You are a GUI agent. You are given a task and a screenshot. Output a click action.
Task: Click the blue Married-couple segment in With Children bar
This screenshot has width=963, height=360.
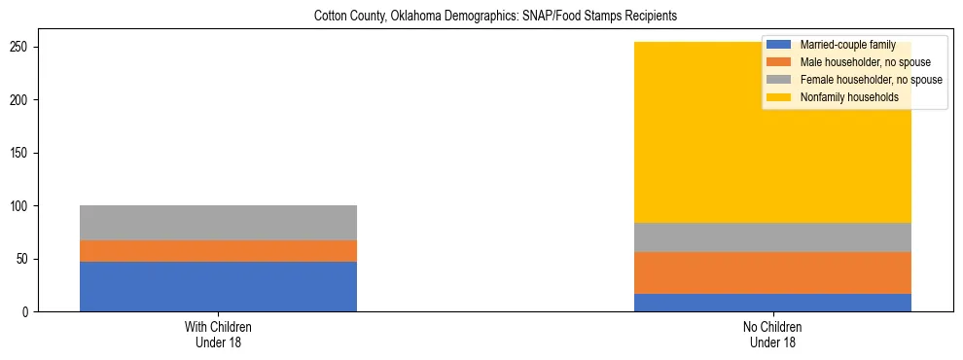coord(218,287)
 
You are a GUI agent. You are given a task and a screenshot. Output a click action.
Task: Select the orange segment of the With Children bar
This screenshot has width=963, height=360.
coord(218,251)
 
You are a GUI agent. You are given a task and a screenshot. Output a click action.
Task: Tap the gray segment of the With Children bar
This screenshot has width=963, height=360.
coord(218,223)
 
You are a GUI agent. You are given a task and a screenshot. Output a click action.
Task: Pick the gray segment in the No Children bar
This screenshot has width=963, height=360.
coord(772,237)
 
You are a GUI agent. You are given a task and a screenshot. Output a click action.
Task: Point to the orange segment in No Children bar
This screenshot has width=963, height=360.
coord(772,272)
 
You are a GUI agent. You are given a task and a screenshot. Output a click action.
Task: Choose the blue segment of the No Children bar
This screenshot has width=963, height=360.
coord(772,303)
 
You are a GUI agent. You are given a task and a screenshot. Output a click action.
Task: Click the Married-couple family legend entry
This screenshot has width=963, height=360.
coord(847,45)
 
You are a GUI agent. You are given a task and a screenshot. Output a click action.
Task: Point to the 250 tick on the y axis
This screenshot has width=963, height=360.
coord(21,47)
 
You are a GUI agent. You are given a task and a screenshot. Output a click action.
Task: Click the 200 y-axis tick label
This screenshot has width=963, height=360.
coord(21,100)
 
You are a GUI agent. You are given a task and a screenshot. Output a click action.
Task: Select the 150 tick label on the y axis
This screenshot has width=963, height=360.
coord(21,153)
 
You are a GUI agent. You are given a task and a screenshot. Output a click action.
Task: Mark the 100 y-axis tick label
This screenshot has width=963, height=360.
coord(21,206)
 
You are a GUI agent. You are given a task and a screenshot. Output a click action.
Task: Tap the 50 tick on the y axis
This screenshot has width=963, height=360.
coord(24,259)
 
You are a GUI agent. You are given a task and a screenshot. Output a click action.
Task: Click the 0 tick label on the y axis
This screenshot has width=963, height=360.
coord(27,312)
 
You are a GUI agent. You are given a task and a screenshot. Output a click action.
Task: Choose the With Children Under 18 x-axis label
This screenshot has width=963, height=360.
coord(218,334)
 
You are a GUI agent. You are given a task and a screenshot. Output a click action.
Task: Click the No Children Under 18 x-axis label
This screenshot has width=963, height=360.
coord(772,334)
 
